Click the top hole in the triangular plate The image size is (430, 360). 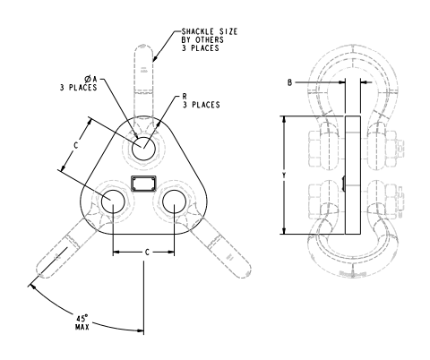point(142,149)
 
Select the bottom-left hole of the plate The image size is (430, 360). point(113,202)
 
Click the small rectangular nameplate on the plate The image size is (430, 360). point(143,184)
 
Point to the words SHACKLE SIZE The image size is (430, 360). point(211,32)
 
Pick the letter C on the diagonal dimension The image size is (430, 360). point(76,143)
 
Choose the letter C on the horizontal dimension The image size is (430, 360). point(145,253)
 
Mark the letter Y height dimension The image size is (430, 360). point(285,176)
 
